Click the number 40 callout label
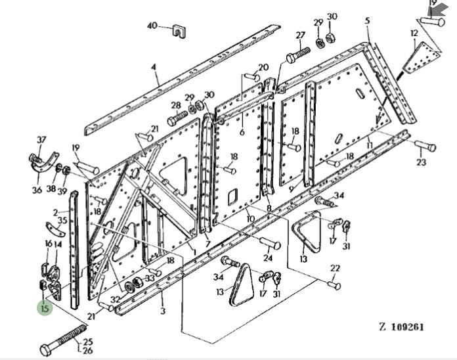[152, 26]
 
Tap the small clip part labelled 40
[177, 32]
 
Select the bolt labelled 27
[297, 53]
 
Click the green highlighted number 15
[45, 307]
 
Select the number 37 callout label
[41, 139]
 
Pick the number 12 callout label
[414, 32]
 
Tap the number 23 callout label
[422, 162]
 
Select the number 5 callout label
[367, 21]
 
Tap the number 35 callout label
[62, 220]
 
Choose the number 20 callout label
[263, 67]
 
